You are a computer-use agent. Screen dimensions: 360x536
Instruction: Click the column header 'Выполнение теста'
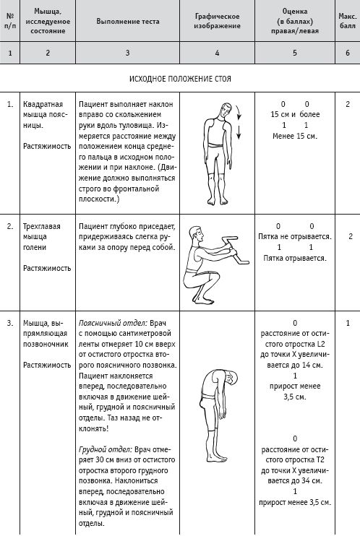(x=128, y=21)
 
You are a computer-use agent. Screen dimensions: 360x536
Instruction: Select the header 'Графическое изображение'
(x=217, y=21)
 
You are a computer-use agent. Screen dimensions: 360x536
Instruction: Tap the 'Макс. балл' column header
(x=347, y=21)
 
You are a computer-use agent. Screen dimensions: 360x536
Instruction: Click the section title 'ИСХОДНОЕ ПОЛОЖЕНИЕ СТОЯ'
(x=180, y=79)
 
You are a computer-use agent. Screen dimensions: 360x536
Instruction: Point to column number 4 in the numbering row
(x=217, y=53)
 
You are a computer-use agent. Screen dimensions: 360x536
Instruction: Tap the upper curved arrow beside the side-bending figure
(x=238, y=113)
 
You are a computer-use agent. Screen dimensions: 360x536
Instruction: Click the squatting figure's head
(x=196, y=235)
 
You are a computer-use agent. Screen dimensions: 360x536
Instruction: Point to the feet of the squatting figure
(x=205, y=300)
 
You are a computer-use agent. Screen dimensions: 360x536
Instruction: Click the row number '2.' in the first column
(x=10, y=226)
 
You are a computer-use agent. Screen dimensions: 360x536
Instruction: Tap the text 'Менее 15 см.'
(x=295, y=136)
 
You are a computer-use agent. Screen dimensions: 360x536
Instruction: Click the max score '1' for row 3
(x=348, y=323)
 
